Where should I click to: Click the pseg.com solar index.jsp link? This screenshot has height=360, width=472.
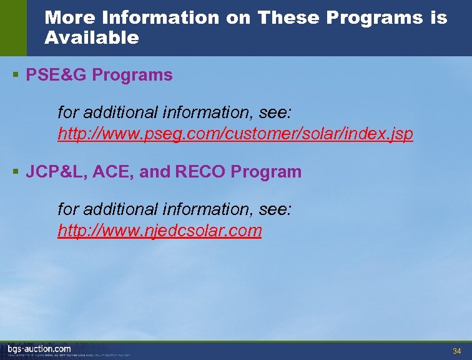click(x=235, y=134)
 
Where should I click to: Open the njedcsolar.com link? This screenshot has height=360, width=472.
click(x=159, y=231)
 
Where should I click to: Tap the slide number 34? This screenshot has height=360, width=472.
click(x=456, y=350)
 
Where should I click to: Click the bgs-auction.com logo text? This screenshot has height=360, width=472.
click(x=39, y=349)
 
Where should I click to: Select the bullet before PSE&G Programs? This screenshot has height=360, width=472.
click(x=15, y=76)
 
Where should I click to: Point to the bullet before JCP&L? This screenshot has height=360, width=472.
click(x=15, y=172)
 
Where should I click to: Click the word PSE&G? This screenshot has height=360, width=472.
click(x=56, y=76)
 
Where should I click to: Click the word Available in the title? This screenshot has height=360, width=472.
click(x=92, y=38)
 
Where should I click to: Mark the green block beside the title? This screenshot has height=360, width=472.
click(x=13, y=28)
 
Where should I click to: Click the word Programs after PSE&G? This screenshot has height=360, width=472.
click(x=132, y=76)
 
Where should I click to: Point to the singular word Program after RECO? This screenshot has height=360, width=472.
click(x=266, y=172)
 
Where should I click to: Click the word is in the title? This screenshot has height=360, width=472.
click(x=438, y=17)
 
